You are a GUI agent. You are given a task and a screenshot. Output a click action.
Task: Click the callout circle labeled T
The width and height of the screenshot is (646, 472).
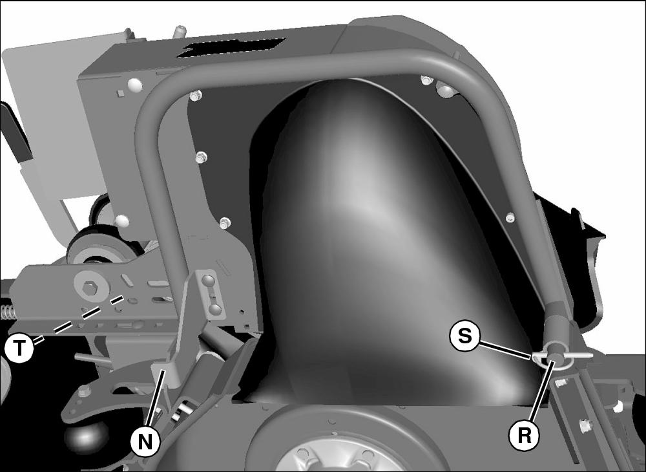pos(19,348)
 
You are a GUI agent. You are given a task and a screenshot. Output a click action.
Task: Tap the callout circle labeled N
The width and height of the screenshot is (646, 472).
pos(145,442)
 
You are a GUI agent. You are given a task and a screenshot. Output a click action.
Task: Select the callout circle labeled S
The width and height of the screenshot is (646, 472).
pos(464,336)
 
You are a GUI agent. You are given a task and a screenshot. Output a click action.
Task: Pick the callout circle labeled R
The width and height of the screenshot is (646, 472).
pos(524,435)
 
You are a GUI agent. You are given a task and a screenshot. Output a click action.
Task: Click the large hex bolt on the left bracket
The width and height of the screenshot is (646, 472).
pos(89,287)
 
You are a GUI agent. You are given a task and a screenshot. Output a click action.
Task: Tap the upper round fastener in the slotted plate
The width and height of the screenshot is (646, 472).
pos(209,281)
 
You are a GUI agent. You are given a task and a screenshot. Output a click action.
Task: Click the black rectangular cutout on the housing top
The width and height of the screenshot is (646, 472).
pos(231,47)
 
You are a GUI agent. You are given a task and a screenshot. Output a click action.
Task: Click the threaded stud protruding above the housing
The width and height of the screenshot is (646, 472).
pos(180,31)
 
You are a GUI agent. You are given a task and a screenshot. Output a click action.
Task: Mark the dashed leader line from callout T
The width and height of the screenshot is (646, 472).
pos(78,319)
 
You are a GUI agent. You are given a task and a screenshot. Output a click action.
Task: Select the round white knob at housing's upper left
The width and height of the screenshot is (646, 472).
pos(135,85)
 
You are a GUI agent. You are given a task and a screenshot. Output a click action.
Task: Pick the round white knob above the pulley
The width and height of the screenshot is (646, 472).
pos(122,221)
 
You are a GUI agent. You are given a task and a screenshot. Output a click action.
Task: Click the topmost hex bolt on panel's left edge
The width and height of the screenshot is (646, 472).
pos(195,96)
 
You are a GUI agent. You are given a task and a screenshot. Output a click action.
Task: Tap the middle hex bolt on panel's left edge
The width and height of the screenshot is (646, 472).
pos(201,157)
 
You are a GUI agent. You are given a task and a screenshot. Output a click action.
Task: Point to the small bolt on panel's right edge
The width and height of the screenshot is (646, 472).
pos(510,217)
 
